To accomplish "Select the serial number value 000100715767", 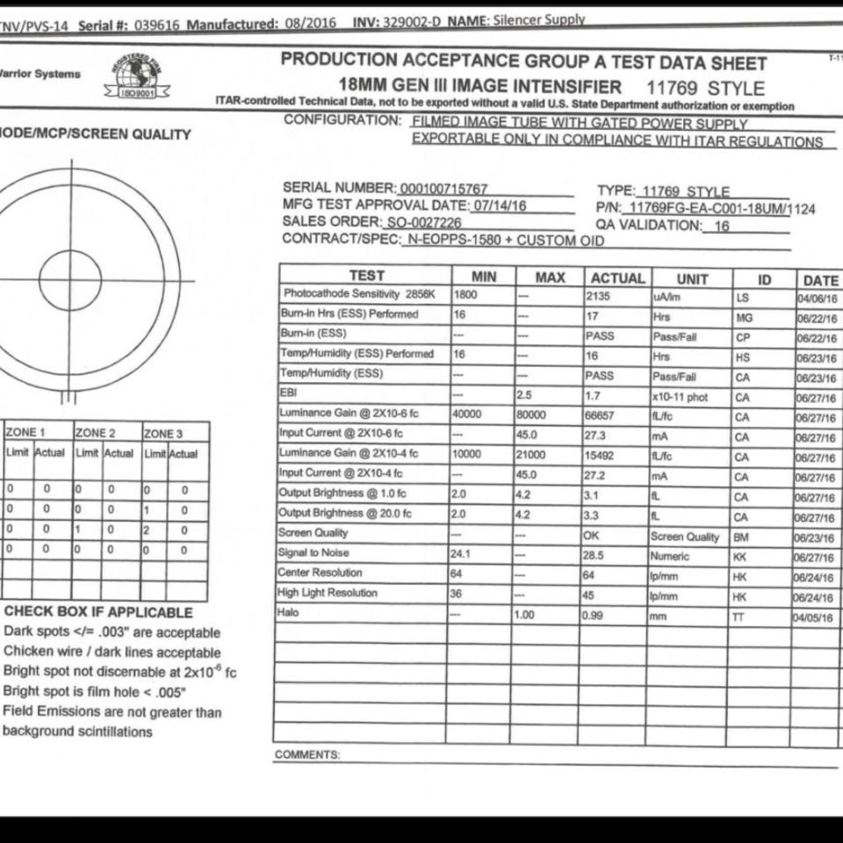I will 443,189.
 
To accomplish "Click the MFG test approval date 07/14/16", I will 499,205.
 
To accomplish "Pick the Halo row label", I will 289,612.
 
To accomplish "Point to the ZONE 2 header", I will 95,433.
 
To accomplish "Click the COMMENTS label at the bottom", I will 306,755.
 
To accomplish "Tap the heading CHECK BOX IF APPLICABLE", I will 98,612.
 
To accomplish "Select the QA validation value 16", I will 722,226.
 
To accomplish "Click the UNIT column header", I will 692,278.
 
